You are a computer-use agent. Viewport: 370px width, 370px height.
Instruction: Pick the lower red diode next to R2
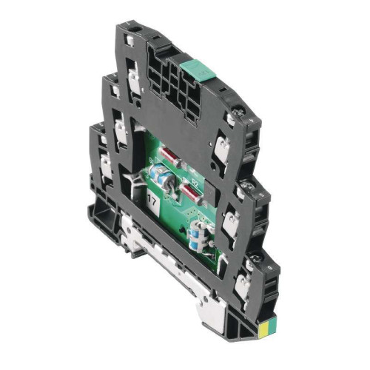191,194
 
